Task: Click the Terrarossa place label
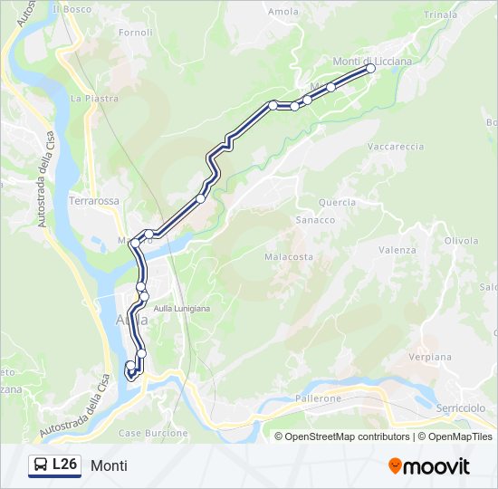[94, 201]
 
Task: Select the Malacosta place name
[289, 256]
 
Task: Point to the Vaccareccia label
[396, 146]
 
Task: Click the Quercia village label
[337, 203]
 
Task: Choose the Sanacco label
[315, 220]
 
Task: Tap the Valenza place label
[397, 250]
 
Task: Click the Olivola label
[461, 241]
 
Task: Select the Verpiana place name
[430, 357]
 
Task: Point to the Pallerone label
[317, 398]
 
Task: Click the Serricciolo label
[461, 409]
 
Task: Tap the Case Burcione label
[153, 433]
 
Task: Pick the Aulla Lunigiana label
[181, 309]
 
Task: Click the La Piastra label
[95, 98]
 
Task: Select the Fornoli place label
[135, 33]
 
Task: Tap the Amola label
[283, 12]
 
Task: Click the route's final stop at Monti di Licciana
[370, 68]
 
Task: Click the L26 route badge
[54, 465]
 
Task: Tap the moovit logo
[429, 466]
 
